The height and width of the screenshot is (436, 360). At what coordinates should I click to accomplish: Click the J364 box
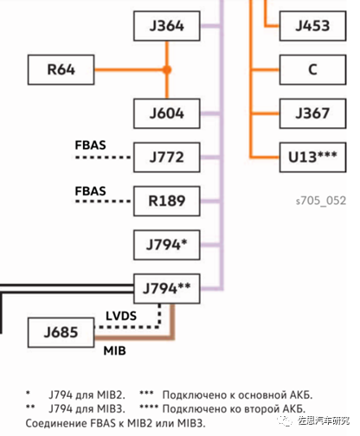click(167, 26)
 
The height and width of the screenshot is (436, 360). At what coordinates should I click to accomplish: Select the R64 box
click(61, 70)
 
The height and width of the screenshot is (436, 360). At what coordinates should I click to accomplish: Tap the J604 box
click(167, 113)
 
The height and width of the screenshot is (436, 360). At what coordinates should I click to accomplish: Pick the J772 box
click(167, 157)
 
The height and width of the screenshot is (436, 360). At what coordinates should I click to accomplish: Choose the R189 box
click(167, 201)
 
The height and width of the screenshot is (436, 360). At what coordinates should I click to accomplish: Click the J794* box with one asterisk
click(167, 245)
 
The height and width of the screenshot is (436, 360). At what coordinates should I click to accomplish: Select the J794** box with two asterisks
click(167, 289)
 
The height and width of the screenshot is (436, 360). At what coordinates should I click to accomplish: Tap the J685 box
click(61, 332)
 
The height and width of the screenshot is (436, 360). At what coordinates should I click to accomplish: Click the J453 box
click(312, 26)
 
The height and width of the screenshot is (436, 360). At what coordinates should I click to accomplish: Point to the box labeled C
click(312, 70)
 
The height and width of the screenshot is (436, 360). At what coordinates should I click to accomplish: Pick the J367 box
click(312, 113)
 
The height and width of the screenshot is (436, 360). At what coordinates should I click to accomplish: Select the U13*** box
click(312, 157)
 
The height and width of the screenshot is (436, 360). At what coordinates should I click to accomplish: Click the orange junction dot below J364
click(167, 70)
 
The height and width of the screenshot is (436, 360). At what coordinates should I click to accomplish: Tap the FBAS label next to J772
click(91, 145)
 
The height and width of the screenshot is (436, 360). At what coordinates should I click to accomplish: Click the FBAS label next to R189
click(91, 191)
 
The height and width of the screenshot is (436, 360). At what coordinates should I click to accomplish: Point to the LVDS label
click(121, 316)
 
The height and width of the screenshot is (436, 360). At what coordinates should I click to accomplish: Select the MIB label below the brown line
click(115, 351)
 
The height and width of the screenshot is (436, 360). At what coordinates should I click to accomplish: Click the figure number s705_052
click(321, 201)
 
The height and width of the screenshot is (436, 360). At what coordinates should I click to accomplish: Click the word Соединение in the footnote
click(56, 424)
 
